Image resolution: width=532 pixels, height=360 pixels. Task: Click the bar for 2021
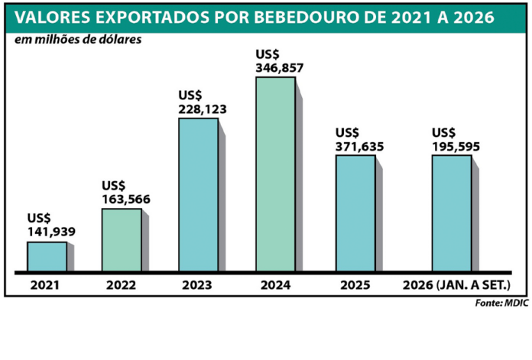pos(47,257)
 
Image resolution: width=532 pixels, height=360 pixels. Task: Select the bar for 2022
pos(122,240)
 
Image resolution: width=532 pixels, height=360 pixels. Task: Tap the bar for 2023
pos(199,195)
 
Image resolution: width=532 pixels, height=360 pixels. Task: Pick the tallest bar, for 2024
pos(275,174)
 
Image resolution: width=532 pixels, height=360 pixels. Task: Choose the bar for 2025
pos(355,213)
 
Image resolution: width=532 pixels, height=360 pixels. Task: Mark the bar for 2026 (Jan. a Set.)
pos(452,213)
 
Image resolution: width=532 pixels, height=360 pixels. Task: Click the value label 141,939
pos(51,232)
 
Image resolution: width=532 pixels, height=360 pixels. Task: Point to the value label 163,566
pos(126,199)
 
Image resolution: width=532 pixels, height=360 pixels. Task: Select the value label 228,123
pos(203,109)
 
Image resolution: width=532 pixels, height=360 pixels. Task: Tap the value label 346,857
pos(280,68)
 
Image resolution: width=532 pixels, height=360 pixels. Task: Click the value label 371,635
pos(360,147)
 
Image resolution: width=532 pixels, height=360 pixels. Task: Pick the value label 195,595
pos(456,147)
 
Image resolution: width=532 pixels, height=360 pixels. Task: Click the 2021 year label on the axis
pos(45,285)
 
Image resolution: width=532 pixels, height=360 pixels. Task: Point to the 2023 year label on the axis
pos(196,285)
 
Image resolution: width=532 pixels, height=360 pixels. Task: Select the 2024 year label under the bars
pos(275,285)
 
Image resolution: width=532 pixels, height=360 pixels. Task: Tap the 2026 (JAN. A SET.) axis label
pos(456,285)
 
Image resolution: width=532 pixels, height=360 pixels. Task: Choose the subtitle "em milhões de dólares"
pos(78,39)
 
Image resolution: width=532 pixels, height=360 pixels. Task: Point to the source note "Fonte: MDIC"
pos(501,303)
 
